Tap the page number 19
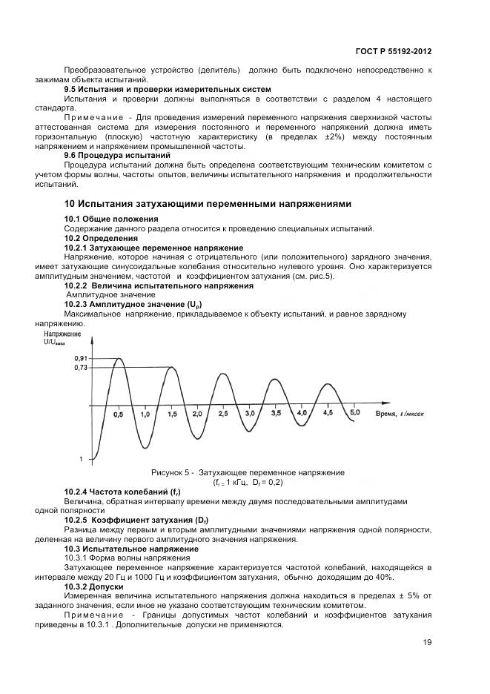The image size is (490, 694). pos(428,642)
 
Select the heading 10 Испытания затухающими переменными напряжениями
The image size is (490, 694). pos(208,203)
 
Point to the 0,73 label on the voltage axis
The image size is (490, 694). pos(82,367)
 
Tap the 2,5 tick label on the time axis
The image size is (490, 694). pos(223,413)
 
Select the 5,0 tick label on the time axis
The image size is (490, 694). pos(354,412)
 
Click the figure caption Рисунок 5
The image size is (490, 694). pos(248,472)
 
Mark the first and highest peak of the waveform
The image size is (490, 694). pos(118,359)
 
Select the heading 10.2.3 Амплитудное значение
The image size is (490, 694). pos(133,305)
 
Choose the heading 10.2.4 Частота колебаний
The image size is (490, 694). pos(122,492)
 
